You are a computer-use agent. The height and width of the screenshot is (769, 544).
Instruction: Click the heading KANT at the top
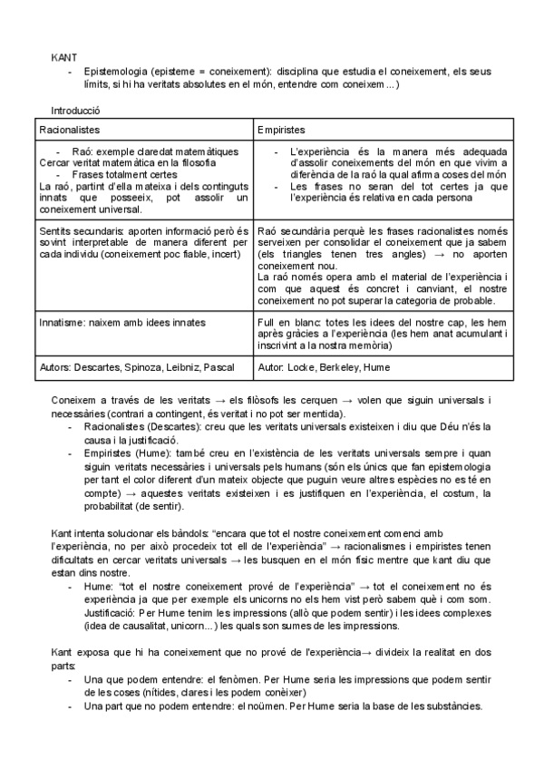pos(63,57)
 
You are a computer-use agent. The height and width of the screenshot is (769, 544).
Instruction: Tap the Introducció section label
pos(76,110)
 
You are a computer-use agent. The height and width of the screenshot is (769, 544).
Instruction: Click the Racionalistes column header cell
pos(70,130)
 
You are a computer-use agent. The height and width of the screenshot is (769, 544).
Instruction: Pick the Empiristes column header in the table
pos(281,130)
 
